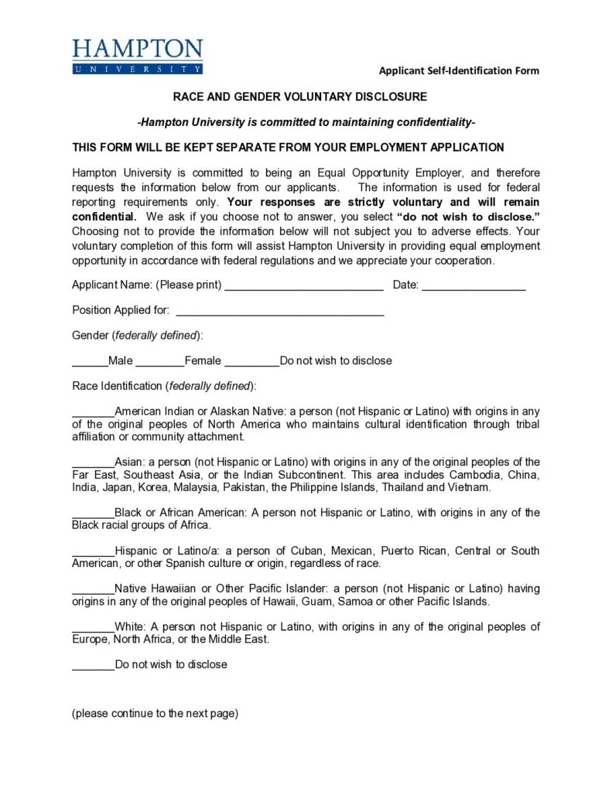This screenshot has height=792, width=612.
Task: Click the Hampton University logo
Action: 138,56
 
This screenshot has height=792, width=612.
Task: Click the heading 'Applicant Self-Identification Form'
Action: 459,71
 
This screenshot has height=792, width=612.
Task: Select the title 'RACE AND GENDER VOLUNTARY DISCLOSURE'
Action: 299,97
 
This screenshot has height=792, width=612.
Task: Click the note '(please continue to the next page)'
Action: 155,713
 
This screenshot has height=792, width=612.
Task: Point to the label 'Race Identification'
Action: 117,385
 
